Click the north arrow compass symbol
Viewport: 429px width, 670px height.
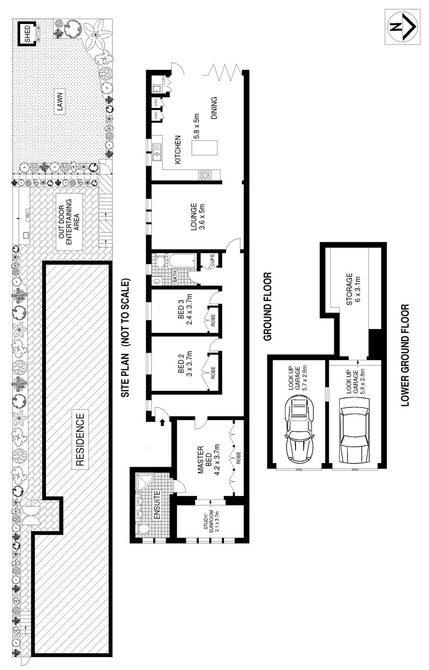(402, 27)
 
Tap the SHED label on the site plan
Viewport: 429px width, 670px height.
(28, 33)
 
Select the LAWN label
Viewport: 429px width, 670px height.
(60, 103)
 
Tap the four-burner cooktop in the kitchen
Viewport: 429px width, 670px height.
(205, 175)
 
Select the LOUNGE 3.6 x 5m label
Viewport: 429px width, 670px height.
(197, 217)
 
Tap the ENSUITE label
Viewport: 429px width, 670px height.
(157, 505)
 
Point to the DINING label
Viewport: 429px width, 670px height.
(214, 108)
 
